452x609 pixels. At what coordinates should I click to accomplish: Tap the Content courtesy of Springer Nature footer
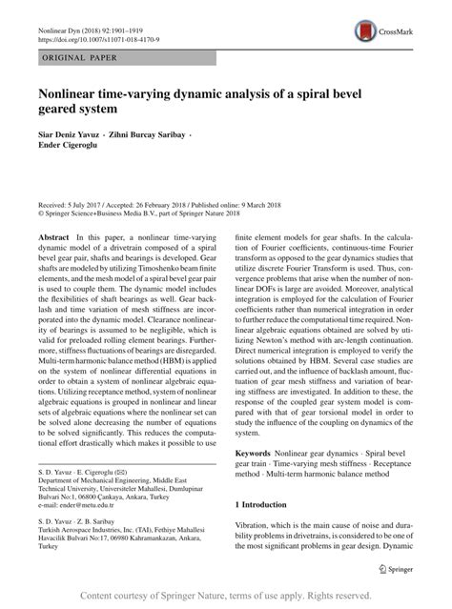point(225,596)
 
